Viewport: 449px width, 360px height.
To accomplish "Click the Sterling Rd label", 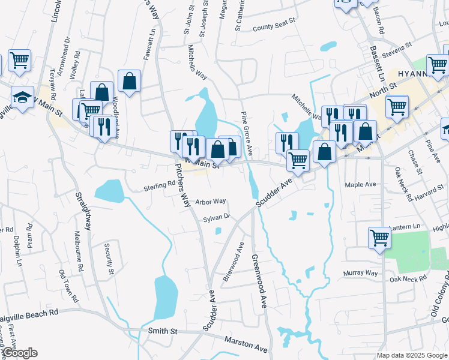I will coord(158,187).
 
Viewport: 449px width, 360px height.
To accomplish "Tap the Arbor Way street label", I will coord(211,202).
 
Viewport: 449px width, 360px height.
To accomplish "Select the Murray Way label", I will coord(360,273).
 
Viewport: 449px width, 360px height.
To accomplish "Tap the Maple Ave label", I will coord(360,184).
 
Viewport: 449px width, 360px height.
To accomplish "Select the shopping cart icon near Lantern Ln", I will coord(380,237).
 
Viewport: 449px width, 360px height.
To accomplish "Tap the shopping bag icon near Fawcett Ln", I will coord(129,80).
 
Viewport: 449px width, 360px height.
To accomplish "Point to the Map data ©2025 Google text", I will coord(412,355).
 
